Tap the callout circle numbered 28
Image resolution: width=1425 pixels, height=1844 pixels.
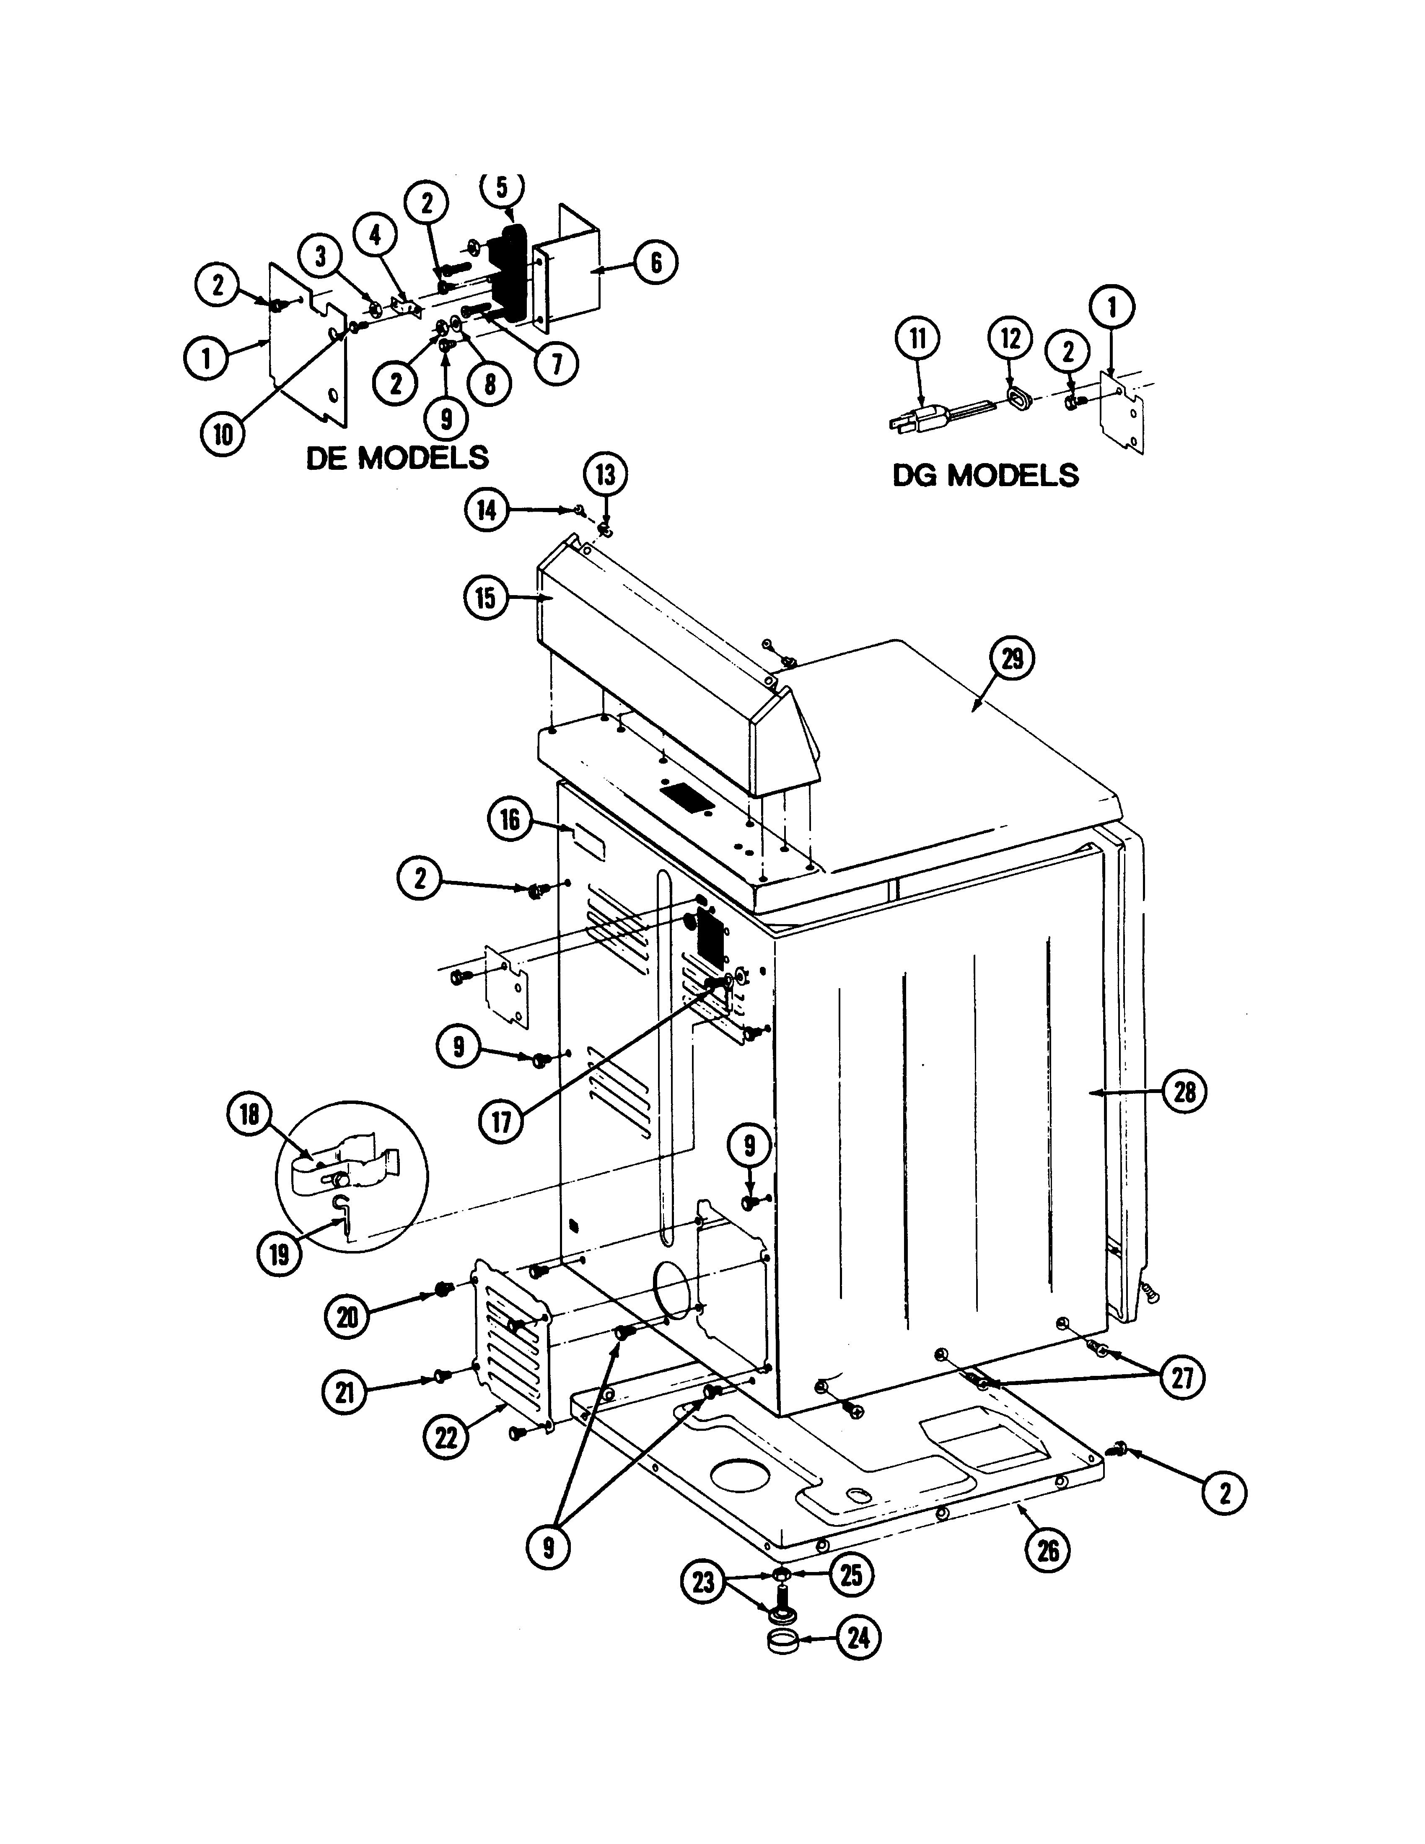coord(1184,1092)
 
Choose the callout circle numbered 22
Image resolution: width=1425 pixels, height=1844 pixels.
coord(446,1437)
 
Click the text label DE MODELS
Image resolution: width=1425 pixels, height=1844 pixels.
coord(397,458)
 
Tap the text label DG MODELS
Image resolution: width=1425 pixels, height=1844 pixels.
coord(985,475)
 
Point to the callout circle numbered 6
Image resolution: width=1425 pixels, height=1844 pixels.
coord(655,263)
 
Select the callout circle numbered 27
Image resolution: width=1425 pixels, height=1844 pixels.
coord(1182,1377)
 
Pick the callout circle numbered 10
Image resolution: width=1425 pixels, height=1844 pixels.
coord(223,434)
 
